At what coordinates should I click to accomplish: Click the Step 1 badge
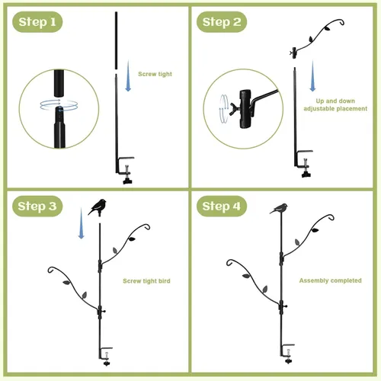[37, 22]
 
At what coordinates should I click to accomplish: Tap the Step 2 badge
[222, 22]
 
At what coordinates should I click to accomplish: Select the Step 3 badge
[37, 206]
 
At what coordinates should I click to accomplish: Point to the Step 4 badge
[222, 206]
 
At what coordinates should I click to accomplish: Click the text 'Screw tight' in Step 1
[155, 74]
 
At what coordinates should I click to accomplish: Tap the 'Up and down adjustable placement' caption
[335, 104]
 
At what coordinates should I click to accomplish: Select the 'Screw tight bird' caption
[146, 281]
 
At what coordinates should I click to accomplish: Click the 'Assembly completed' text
[330, 280]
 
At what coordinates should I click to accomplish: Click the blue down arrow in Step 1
[128, 75]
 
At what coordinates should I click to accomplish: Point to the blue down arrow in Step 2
[312, 75]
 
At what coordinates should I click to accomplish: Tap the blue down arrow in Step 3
[82, 223]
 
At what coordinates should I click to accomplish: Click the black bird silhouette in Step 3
[98, 207]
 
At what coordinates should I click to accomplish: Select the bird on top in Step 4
[280, 209]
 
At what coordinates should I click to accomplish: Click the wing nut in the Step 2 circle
[235, 109]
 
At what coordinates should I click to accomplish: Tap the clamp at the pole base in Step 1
[125, 170]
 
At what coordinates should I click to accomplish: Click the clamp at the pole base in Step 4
[287, 354]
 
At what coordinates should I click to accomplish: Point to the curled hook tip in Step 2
[341, 22]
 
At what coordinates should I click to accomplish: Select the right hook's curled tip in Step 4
[331, 217]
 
